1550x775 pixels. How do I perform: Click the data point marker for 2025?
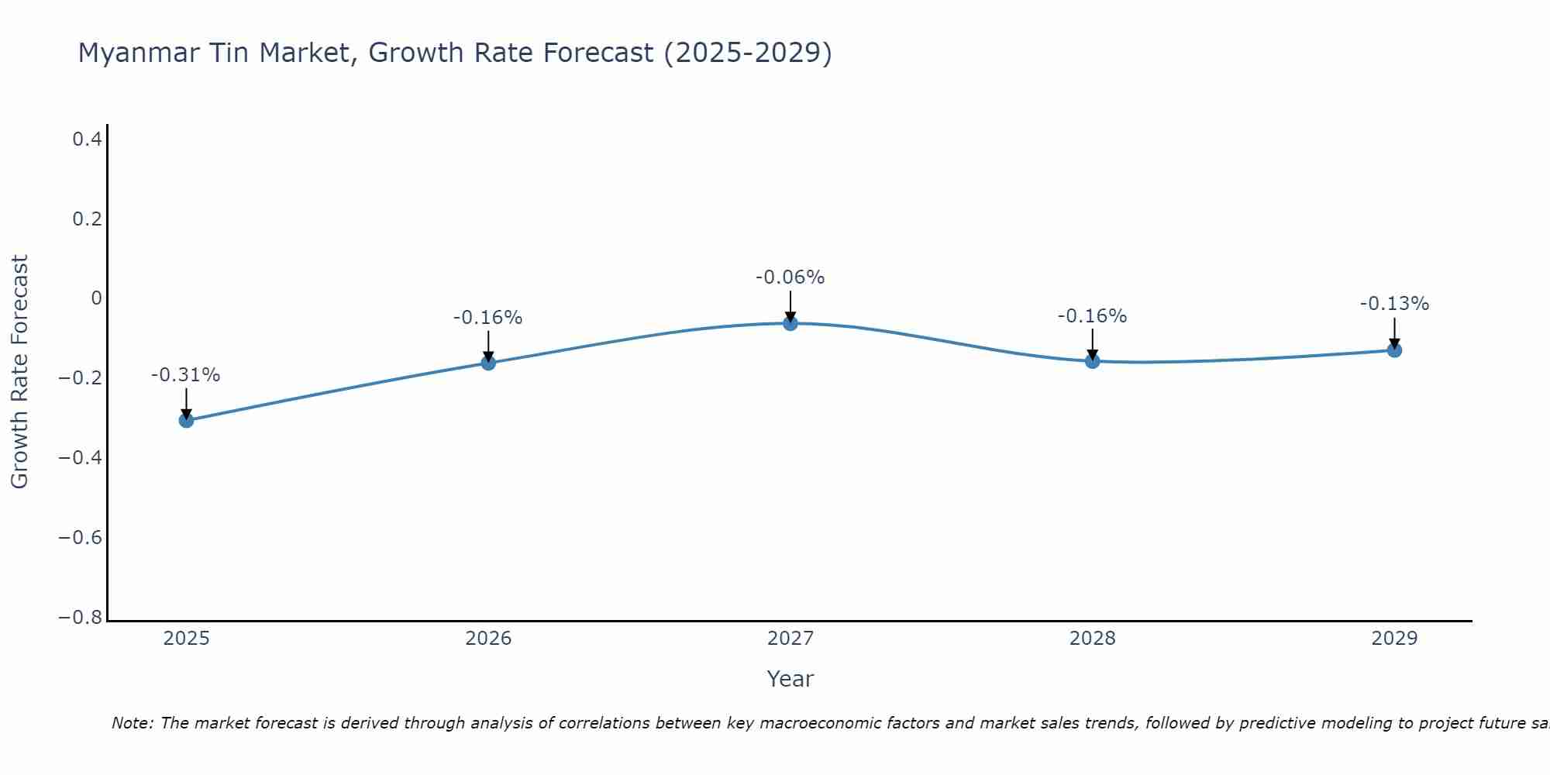point(186,420)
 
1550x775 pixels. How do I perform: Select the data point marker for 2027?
point(790,323)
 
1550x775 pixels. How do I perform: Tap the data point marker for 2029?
point(1394,350)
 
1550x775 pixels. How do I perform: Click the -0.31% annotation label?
point(185,375)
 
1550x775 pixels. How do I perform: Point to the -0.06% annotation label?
point(790,277)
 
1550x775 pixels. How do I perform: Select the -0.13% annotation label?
point(1394,304)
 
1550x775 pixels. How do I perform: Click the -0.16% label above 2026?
point(487,318)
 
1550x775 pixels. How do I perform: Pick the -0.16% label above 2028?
point(1092,316)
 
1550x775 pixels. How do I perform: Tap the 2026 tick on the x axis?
point(488,639)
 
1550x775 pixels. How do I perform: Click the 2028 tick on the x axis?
point(1092,639)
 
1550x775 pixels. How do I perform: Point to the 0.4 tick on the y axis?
point(87,139)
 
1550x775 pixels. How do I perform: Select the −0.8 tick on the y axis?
point(80,618)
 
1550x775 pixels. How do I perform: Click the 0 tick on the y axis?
point(96,298)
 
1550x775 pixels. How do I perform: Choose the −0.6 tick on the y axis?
point(80,538)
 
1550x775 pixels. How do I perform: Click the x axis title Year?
point(790,679)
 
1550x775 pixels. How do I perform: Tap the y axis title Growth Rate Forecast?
point(19,372)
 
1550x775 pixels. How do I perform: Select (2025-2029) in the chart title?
point(747,53)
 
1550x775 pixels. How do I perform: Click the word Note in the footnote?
point(132,723)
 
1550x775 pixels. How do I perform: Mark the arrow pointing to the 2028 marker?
point(1092,344)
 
